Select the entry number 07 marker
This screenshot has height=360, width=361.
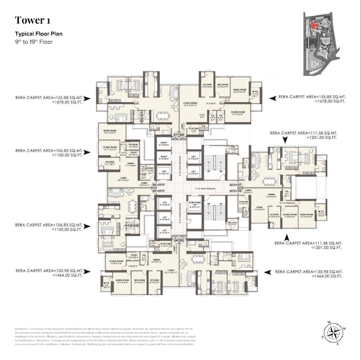(175, 135)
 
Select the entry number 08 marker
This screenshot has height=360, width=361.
(182, 135)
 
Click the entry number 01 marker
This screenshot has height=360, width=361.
(239, 185)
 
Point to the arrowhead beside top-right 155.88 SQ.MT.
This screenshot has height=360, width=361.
(273, 98)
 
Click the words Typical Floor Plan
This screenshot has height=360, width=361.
(38, 35)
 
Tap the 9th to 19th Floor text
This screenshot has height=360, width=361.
(34, 42)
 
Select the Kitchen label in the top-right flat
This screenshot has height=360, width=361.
(207, 85)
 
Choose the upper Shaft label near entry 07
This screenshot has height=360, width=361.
(164, 143)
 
